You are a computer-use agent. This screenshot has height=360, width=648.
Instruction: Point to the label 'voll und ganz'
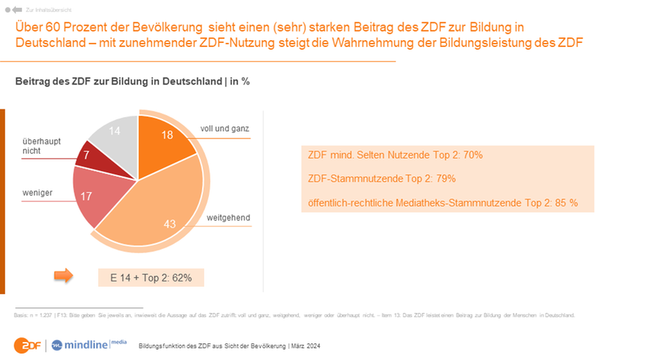224,129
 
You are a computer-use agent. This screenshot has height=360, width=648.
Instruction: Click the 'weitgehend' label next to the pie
228,218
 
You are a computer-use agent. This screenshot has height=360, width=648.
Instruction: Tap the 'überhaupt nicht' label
41,146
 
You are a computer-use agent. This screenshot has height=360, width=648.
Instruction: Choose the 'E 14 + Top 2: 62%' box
151,278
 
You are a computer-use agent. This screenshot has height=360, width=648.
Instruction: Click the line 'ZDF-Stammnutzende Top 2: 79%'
381,179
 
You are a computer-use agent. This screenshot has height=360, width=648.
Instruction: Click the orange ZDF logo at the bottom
27,344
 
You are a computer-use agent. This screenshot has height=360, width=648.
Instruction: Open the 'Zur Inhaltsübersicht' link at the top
42,10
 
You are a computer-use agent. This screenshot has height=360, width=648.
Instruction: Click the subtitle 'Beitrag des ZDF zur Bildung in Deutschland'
117,82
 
